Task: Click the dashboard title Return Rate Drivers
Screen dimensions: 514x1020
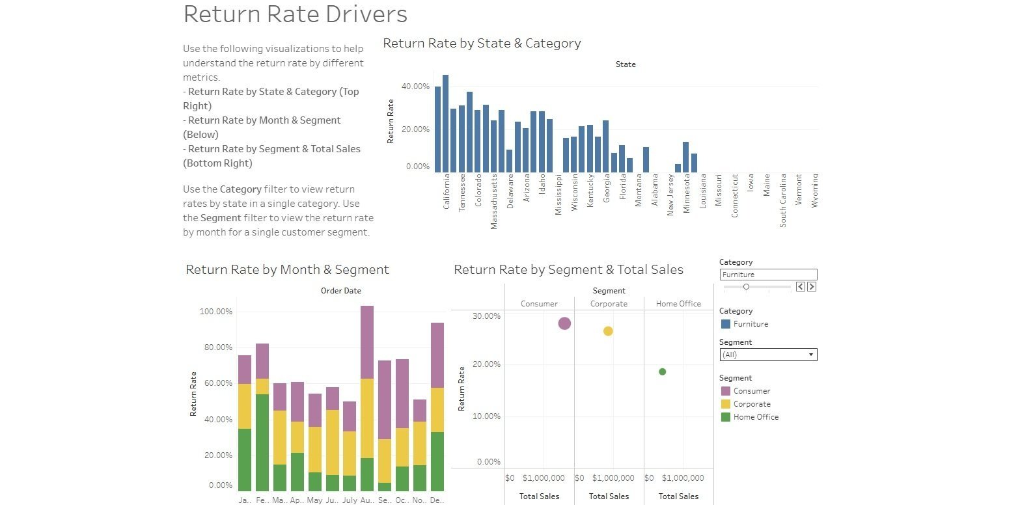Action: (x=295, y=14)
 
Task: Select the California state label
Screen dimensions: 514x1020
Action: (x=447, y=191)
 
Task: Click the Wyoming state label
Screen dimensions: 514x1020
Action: (x=814, y=191)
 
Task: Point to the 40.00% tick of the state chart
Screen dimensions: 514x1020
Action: (x=415, y=87)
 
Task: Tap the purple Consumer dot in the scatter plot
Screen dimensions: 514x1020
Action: (x=564, y=323)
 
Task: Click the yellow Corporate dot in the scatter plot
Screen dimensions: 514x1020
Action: (x=608, y=331)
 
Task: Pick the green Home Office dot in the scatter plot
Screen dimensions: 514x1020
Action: (x=662, y=372)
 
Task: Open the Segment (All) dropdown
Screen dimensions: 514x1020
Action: (x=768, y=355)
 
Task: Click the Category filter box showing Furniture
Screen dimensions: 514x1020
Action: (x=768, y=275)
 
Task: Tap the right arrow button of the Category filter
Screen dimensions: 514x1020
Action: (x=812, y=287)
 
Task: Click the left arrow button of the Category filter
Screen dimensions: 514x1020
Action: (x=801, y=287)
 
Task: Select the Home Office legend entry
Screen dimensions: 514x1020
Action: (x=755, y=417)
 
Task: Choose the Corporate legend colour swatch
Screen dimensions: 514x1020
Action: (x=726, y=404)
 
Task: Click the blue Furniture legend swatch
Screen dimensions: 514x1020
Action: (x=726, y=324)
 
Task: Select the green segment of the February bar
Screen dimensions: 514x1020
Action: (x=262, y=442)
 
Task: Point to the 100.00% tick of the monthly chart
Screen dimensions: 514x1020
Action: (x=215, y=312)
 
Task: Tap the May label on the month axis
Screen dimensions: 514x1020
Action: (x=314, y=500)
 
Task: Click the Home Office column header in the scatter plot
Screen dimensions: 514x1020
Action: (x=678, y=304)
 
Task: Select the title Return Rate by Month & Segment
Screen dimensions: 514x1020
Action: (x=287, y=269)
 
